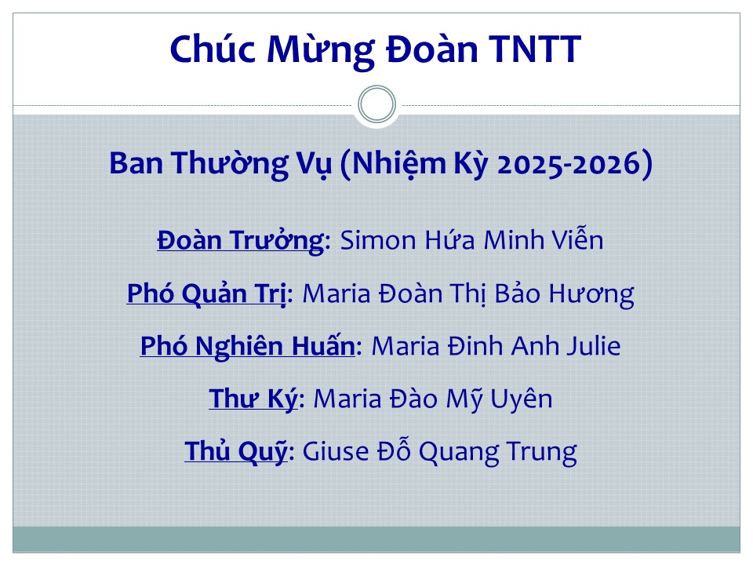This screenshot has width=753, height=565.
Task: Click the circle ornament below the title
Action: pos(377,86)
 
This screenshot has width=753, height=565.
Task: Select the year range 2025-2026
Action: pos(569,163)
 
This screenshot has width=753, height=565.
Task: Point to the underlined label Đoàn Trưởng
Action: pos(241,240)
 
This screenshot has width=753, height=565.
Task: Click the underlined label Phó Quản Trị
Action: pos(207,293)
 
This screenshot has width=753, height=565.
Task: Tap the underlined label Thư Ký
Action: pos(253,398)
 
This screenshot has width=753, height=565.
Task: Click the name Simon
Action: pos(378,240)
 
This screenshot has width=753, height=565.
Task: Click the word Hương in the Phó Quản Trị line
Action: pos(591,293)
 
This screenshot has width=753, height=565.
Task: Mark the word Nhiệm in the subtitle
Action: pos(399,164)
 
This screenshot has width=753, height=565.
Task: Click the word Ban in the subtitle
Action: pos(136,163)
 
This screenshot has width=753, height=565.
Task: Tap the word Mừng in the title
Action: pos(321,50)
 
